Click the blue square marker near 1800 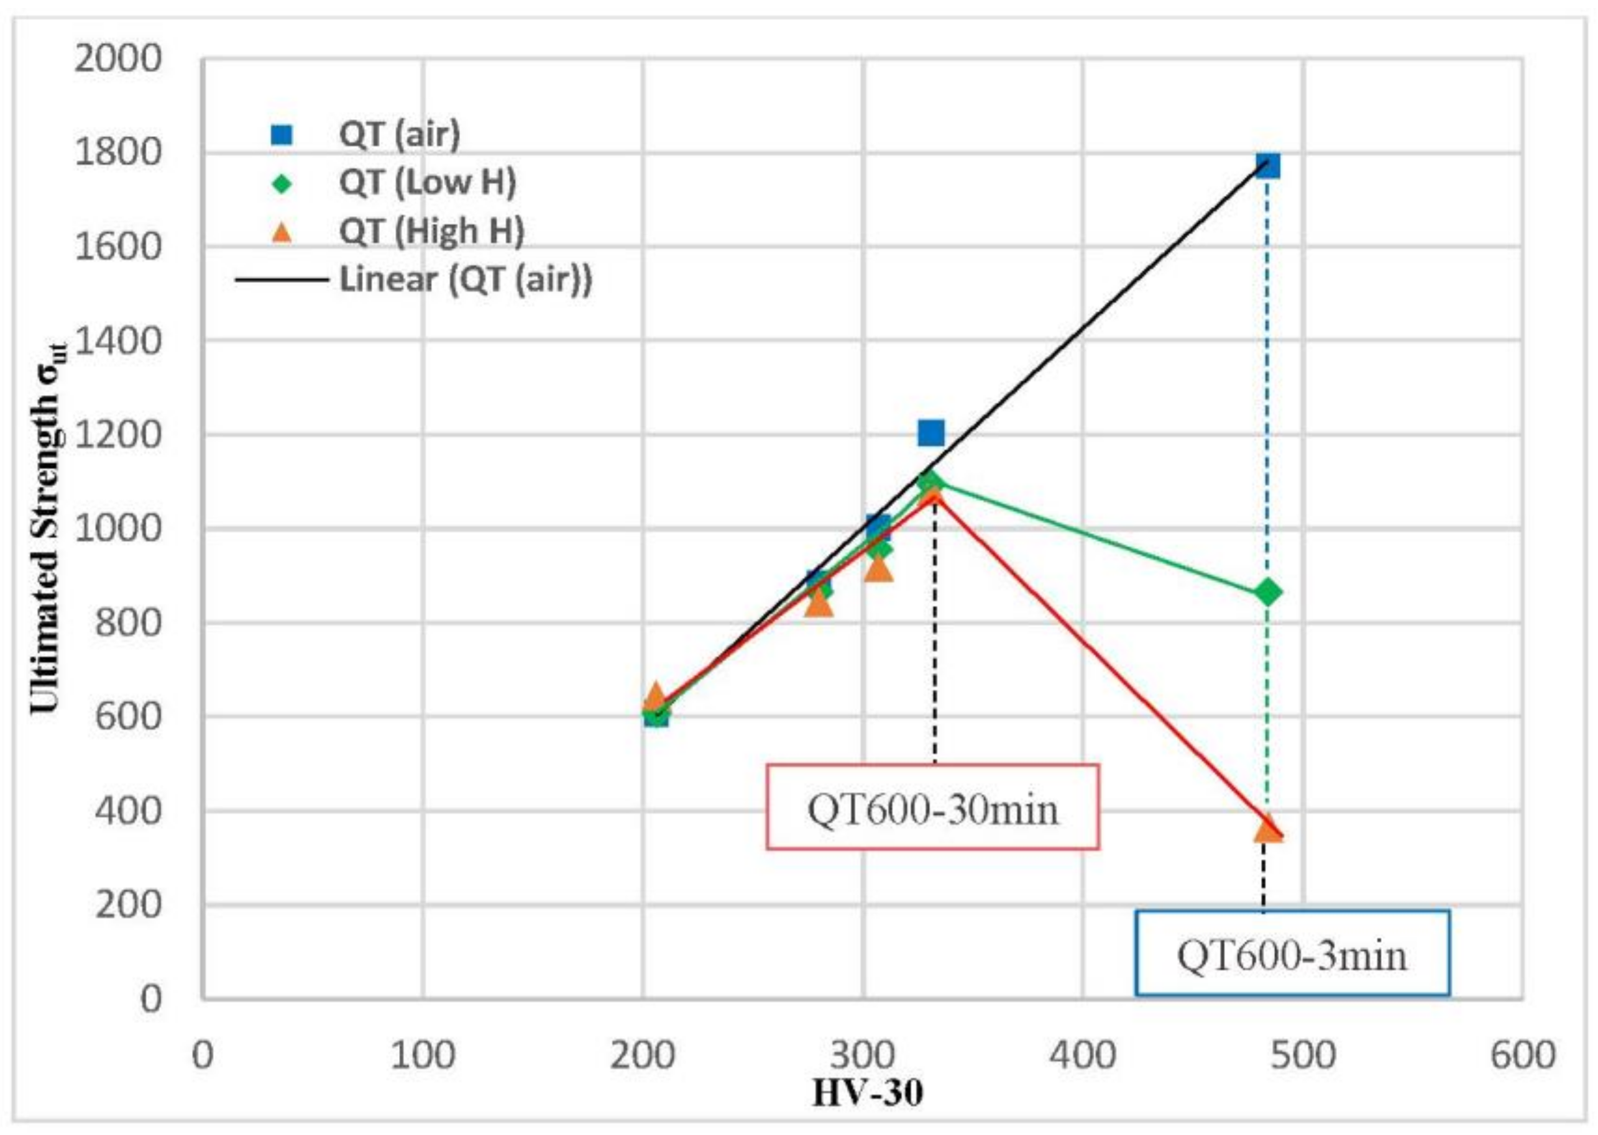1267,166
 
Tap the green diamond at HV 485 1267,593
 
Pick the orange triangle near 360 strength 1269,829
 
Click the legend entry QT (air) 399,134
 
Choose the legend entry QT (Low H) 427,183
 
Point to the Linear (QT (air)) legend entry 466,280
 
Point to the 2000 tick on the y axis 117,60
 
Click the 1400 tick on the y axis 117,342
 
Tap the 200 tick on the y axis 128,906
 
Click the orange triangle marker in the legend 283,231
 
